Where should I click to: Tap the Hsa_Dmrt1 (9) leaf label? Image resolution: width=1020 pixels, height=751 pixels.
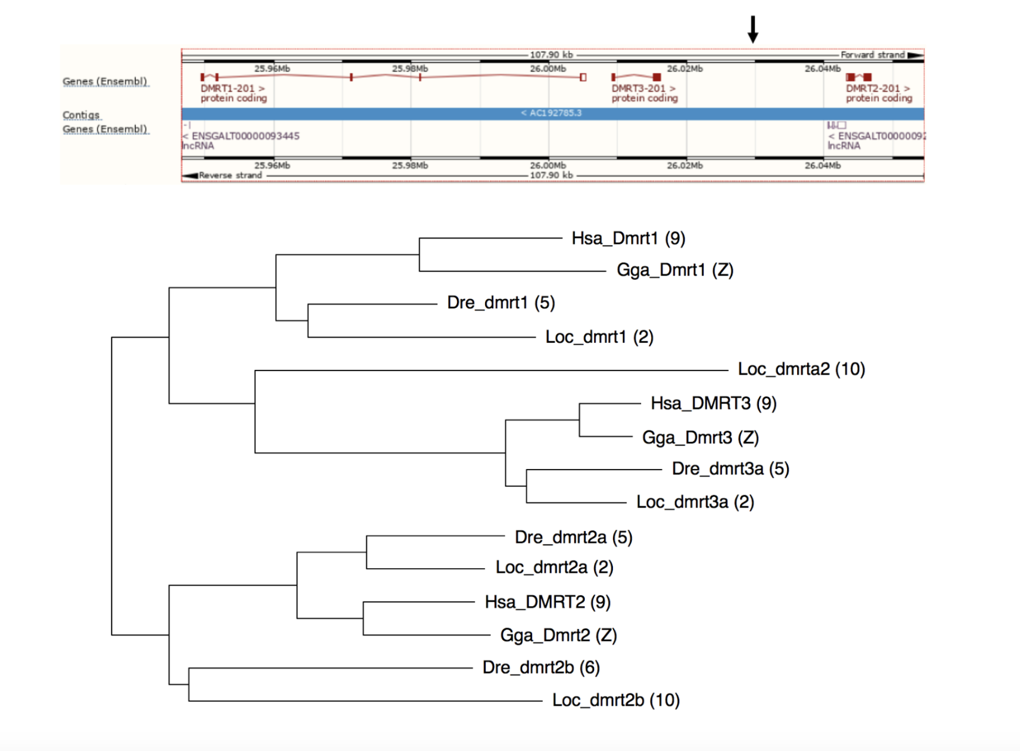click(x=628, y=239)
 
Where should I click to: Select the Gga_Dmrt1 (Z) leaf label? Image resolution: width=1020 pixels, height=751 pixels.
click(x=675, y=270)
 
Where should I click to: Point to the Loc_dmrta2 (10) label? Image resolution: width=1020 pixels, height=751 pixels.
click(x=801, y=369)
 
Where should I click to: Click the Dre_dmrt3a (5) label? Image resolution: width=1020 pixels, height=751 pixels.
click(x=730, y=469)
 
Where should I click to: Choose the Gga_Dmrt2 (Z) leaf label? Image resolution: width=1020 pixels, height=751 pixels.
click(x=558, y=636)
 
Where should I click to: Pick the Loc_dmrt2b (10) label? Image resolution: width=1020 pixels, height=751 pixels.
click(x=615, y=701)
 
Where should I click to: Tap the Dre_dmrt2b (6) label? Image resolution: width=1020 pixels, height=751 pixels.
click(x=541, y=668)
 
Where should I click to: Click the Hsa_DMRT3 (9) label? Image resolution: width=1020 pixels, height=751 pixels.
click(x=713, y=403)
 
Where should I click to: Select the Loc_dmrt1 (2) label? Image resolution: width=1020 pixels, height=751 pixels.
click(x=599, y=337)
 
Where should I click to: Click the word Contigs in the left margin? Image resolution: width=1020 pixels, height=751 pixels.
click(x=82, y=115)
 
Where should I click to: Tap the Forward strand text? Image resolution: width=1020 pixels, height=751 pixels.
click(x=872, y=55)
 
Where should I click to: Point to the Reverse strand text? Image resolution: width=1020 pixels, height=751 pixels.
click(x=230, y=175)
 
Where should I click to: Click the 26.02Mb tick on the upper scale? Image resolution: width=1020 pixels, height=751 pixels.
click(x=684, y=69)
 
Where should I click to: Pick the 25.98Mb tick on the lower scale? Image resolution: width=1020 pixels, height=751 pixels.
click(x=409, y=166)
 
